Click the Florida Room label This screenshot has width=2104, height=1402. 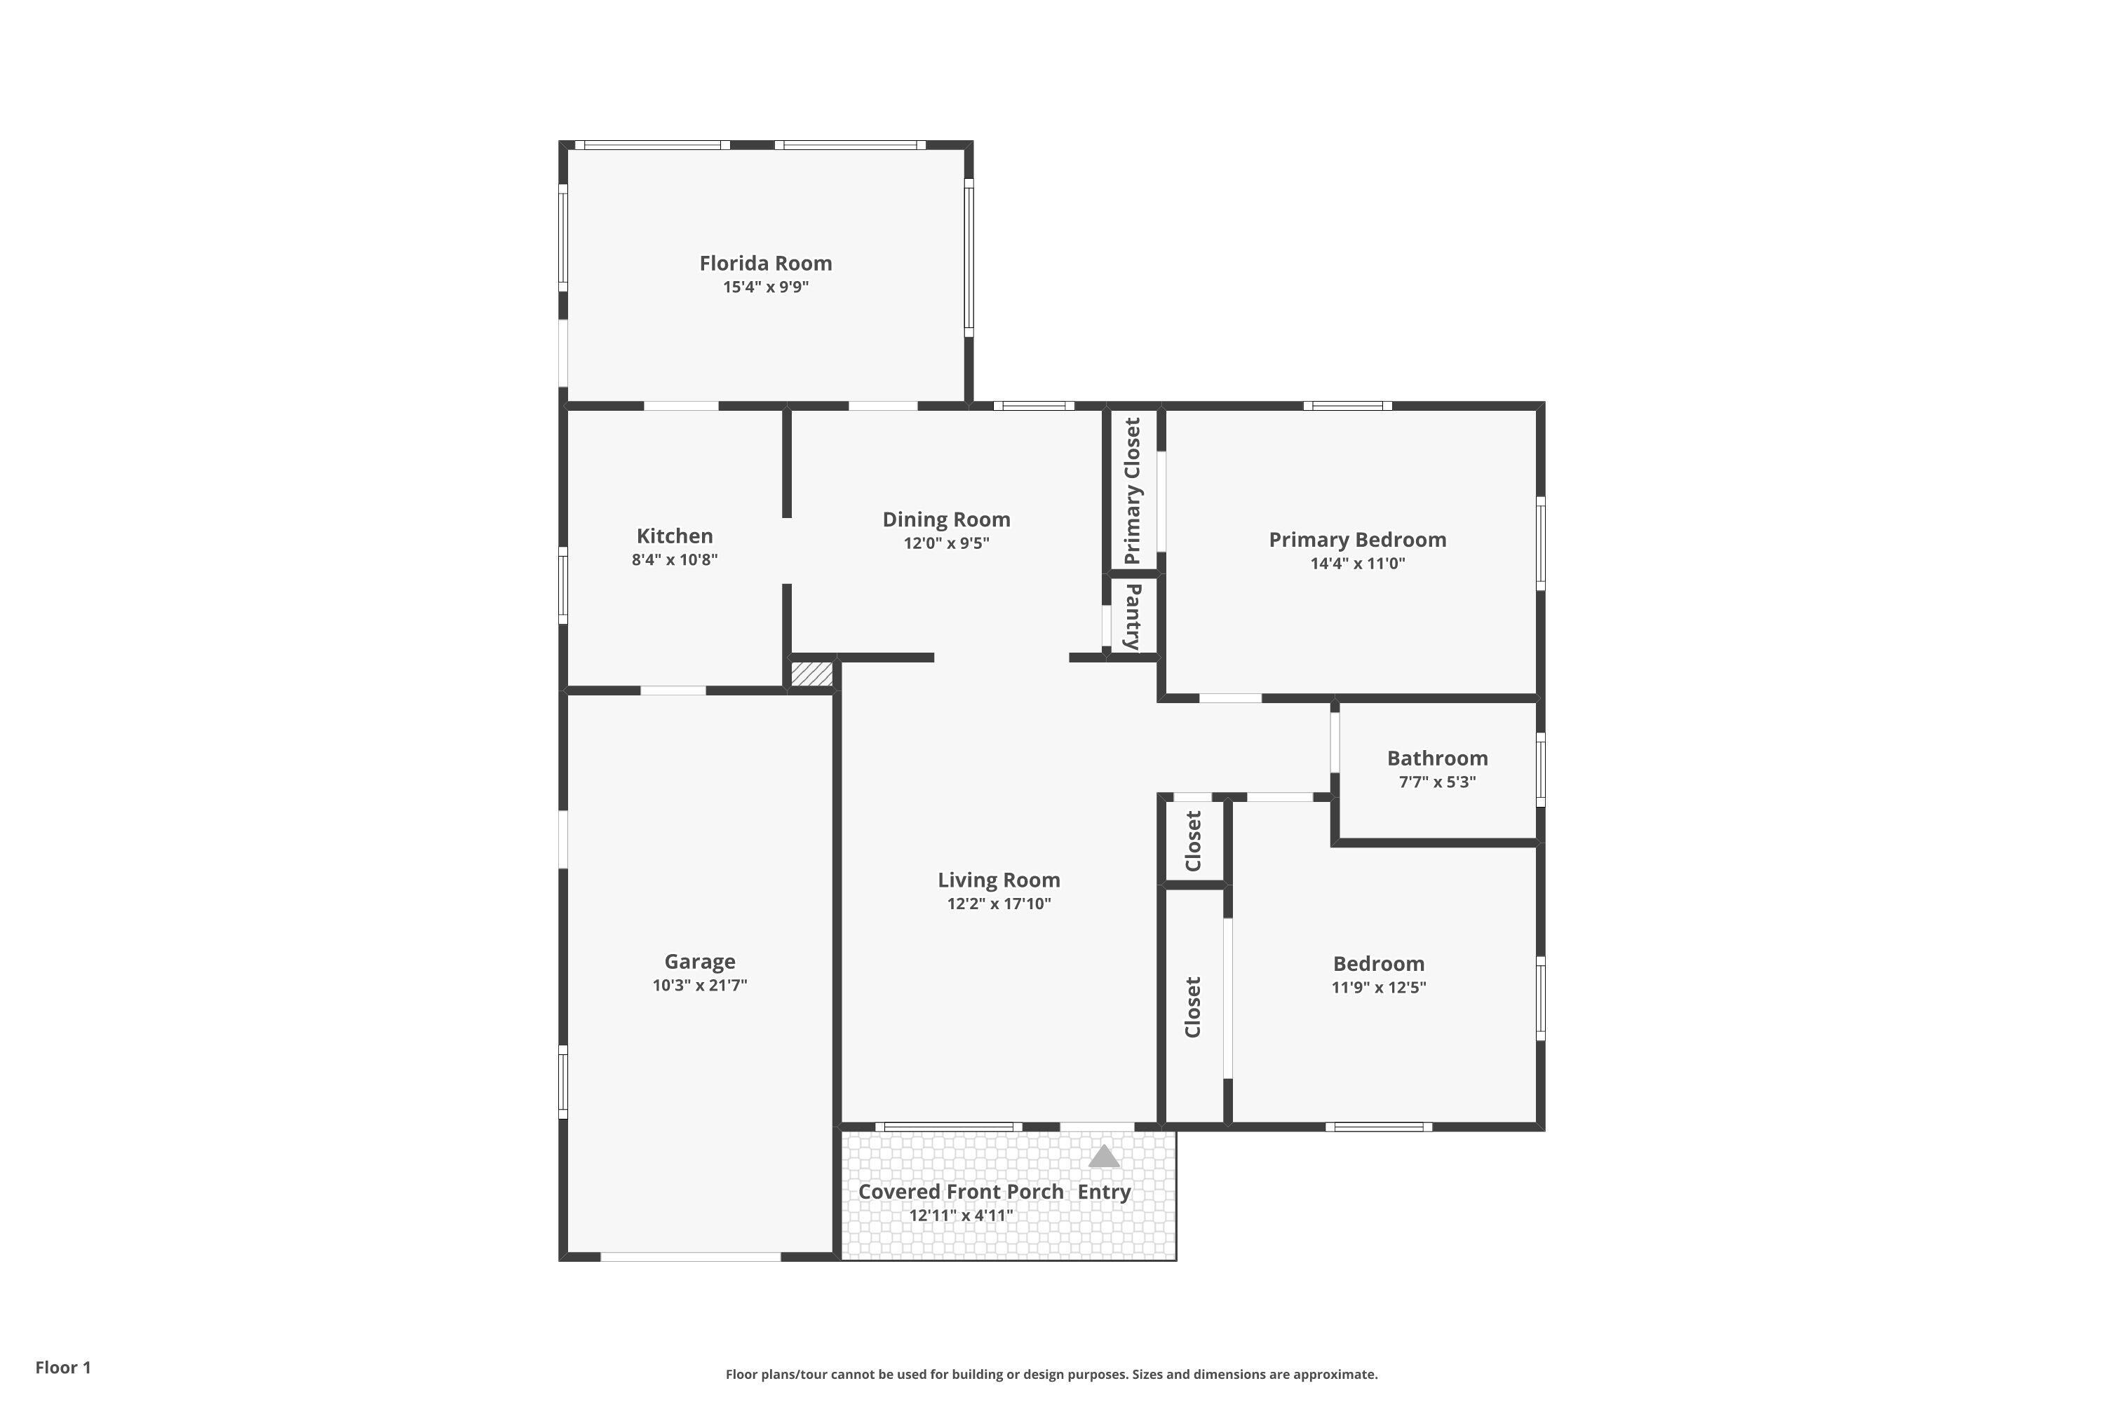[765, 263]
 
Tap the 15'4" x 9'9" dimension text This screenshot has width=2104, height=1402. [766, 287]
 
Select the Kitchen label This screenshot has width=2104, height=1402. [675, 536]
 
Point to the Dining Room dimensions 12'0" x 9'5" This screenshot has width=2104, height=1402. [946, 543]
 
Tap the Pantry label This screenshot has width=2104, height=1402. [1133, 617]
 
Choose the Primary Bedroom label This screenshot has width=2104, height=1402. [1357, 539]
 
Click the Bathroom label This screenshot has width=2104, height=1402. [1436, 758]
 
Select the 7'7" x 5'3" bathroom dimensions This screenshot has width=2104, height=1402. [1436, 782]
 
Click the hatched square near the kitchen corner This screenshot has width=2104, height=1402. [812, 673]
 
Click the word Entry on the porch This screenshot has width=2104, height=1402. [1104, 1192]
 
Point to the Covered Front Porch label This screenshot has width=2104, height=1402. [961, 1192]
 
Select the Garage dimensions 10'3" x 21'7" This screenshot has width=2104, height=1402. [699, 986]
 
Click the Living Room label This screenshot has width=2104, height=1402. [998, 880]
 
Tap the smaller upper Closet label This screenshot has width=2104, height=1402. [1192, 840]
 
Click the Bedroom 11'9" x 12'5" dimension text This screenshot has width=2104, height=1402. [1379, 987]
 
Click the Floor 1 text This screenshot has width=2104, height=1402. [62, 1367]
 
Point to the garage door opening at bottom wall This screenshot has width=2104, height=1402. [691, 1256]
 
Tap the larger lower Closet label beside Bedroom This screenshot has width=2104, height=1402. [1192, 1007]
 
